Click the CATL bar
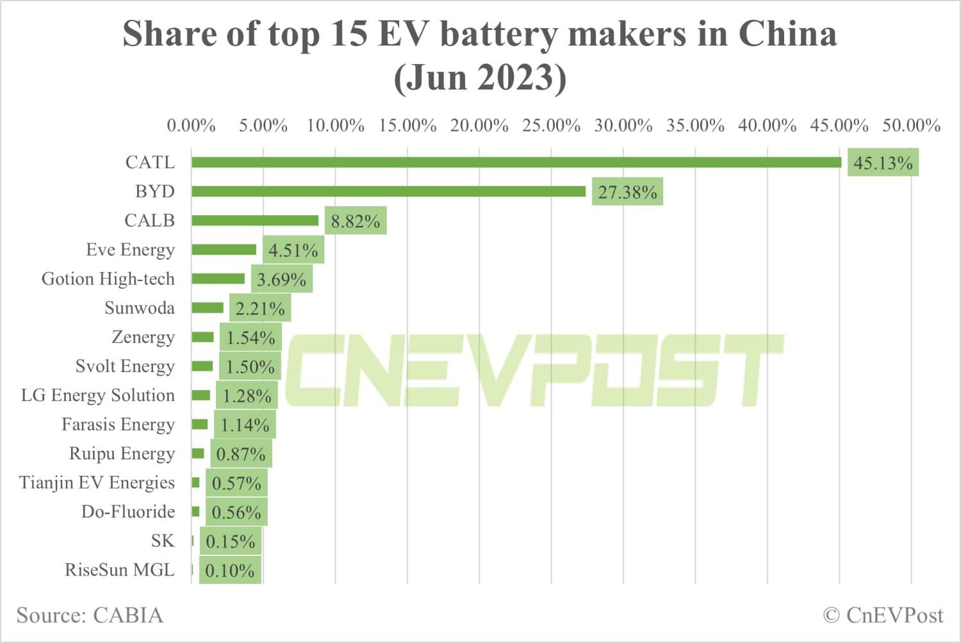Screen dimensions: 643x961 point(516,163)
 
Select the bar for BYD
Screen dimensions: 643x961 point(388,191)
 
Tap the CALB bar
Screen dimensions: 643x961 point(255,220)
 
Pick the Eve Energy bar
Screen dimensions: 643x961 point(224,250)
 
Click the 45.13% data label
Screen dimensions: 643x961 point(883,163)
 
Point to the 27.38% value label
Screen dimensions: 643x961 point(627,192)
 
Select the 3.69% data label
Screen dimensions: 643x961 point(281,279)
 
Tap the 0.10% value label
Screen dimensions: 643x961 point(230,571)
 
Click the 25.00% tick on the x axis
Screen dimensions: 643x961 point(551,126)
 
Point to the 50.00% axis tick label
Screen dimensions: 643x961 point(911,126)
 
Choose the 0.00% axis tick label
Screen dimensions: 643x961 point(191,126)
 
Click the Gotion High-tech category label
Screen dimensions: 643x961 point(108,279)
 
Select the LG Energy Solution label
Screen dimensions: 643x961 point(97,395)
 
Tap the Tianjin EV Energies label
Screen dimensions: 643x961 point(97,482)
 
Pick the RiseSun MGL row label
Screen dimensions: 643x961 point(119,570)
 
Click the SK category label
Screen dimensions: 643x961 point(163,541)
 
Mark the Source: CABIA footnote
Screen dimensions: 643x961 point(90,615)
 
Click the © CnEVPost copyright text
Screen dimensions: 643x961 point(883,615)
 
